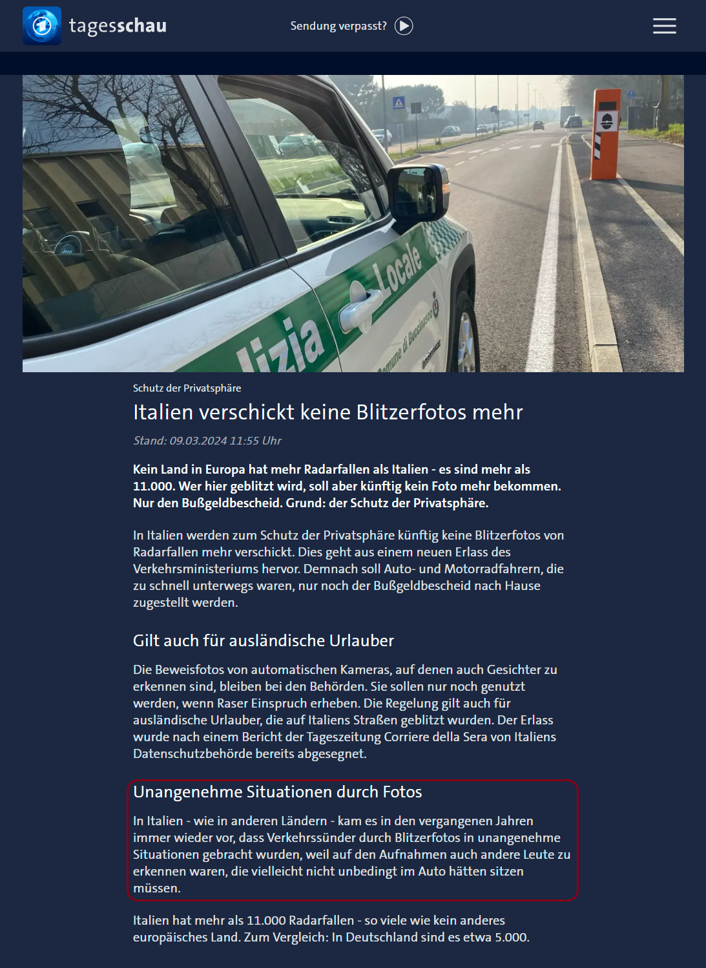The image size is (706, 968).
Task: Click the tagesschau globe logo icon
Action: [x=42, y=26]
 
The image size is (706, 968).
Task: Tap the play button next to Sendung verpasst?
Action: [x=404, y=26]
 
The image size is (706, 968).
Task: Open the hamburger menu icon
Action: [x=664, y=26]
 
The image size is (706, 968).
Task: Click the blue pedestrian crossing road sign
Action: [x=399, y=103]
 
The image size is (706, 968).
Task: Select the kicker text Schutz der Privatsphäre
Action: [x=187, y=388]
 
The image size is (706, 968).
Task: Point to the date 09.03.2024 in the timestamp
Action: [x=198, y=441]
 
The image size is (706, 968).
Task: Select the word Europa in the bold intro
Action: [x=226, y=469]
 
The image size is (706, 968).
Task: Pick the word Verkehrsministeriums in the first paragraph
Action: [x=216, y=569]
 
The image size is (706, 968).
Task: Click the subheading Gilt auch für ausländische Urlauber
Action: [x=263, y=640]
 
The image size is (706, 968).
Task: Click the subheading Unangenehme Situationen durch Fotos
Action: [x=277, y=792]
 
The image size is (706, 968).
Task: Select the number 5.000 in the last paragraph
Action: [x=511, y=937]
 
